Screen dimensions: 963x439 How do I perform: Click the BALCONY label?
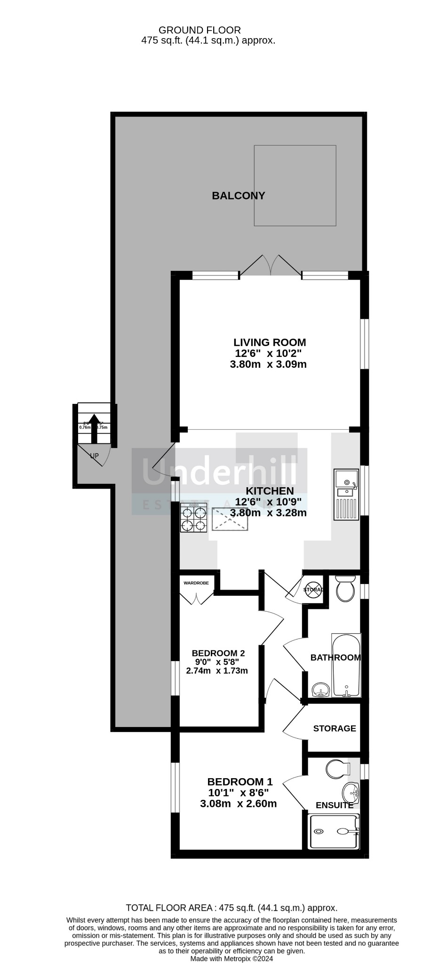(238, 196)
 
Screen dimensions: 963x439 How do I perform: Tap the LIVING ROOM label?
(270, 342)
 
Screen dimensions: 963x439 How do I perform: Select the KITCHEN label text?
(270, 491)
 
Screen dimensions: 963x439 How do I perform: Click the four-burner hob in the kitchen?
(193, 518)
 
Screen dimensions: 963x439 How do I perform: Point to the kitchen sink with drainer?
(347, 494)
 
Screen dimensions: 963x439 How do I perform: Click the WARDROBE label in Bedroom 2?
(196, 583)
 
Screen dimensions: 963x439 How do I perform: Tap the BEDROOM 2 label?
(218, 653)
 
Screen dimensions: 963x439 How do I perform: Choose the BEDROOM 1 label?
(239, 782)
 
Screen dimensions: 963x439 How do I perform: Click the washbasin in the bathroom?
(321, 690)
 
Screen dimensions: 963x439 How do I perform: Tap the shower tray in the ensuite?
(334, 831)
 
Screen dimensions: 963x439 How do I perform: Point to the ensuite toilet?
(338, 769)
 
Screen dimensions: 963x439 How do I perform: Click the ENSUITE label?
(334, 805)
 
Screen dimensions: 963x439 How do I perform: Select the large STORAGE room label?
(335, 728)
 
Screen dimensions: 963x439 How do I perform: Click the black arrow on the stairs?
(94, 428)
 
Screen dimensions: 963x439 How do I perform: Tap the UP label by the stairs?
(94, 456)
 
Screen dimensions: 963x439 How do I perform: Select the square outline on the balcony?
(295, 185)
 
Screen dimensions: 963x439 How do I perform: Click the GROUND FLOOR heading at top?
(200, 30)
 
